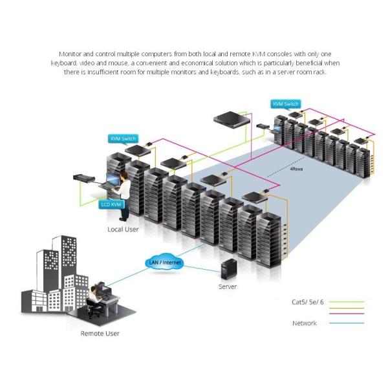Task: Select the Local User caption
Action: [123, 230]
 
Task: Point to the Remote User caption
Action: [100, 334]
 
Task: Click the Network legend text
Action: [304, 323]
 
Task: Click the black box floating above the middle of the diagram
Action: [233, 118]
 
